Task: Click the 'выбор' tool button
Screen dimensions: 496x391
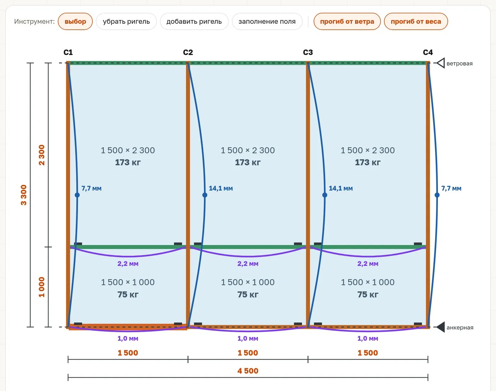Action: [75, 22]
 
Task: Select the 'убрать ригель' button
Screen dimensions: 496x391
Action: [126, 22]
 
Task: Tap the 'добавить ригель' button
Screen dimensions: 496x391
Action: [194, 22]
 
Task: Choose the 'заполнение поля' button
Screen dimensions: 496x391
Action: [267, 22]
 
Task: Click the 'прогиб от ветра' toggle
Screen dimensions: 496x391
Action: [347, 22]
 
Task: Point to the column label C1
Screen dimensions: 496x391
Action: [68, 52]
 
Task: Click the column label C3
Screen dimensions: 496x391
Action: [308, 52]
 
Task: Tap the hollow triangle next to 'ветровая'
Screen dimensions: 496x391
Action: [440, 63]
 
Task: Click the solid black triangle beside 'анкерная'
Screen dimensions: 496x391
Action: [440, 327]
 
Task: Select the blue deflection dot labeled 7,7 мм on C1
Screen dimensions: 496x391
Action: [77, 195]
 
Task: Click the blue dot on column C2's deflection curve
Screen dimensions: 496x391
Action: [205, 195]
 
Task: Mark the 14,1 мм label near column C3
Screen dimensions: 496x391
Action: [341, 189]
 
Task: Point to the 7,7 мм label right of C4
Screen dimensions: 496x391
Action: [451, 189]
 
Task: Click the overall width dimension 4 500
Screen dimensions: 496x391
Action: [248, 371]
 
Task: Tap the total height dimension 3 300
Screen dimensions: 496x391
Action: [24, 195]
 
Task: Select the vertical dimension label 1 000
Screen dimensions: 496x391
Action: [41, 287]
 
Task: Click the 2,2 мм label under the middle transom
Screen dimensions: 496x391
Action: [248, 264]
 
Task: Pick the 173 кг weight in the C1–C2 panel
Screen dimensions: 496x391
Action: [128, 162]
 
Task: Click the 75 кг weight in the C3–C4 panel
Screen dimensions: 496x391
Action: [368, 295]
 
